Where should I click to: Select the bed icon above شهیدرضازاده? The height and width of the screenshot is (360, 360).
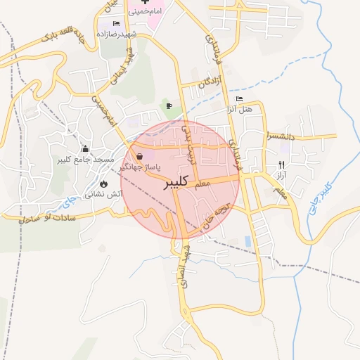pos(117,23)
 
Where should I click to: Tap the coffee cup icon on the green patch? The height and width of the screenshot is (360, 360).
pos(169,105)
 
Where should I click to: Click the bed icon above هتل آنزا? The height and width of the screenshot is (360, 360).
pos(240,99)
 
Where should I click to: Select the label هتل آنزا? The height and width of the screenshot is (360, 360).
pos(239,109)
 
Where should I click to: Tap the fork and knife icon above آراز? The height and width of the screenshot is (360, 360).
pos(282,165)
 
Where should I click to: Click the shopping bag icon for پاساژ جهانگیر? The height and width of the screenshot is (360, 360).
pos(139,156)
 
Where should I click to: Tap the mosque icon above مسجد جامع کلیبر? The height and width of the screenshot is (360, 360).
pos(85,148)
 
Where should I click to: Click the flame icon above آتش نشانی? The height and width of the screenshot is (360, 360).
pos(104,183)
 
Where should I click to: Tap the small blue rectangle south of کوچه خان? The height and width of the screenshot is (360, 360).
pos(247,241)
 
